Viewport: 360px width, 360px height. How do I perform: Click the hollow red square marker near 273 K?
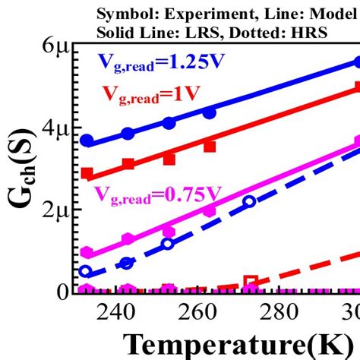(250, 282)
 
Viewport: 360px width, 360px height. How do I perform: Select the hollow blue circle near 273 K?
(250, 201)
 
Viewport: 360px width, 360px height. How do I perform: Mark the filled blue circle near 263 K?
(210, 112)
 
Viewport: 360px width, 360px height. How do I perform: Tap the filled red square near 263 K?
(210, 146)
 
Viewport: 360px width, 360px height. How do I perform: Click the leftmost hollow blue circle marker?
(86, 271)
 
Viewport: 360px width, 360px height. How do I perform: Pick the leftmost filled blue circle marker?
(87, 141)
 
